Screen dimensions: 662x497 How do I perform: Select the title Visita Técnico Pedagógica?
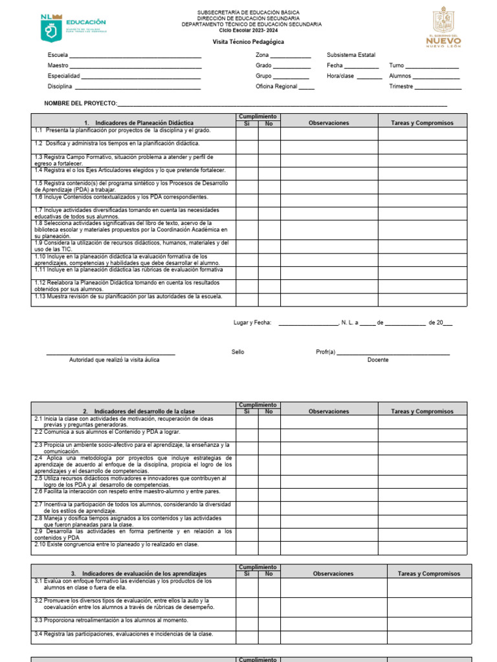coord(248,42)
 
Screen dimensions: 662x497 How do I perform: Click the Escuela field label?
coord(58,56)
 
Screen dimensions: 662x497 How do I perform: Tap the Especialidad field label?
coord(64,76)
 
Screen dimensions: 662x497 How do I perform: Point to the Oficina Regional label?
coord(276,87)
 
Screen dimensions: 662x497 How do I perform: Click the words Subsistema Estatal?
coord(351,56)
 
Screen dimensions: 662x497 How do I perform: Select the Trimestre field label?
coord(401,87)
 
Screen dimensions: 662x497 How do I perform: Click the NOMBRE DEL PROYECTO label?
coord(80,103)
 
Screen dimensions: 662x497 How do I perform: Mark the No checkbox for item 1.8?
coord(269,230)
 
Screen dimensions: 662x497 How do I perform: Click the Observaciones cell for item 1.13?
coord(329,299)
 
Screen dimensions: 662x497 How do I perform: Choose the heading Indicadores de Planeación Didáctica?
coord(138,123)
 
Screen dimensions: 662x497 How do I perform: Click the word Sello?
coord(238,352)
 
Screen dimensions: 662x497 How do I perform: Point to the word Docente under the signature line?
coord(378,360)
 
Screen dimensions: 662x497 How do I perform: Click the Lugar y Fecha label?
coord(252,323)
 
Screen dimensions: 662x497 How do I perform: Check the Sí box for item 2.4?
coord(247,464)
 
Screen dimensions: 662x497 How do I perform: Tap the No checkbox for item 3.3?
coord(269,623)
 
